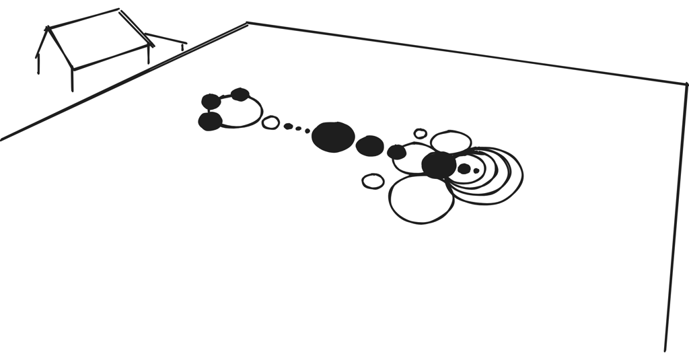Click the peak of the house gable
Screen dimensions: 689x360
click(x=47, y=28)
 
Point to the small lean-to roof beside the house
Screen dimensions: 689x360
click(x=164, y=42)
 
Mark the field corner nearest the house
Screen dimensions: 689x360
click(x=247, y=24)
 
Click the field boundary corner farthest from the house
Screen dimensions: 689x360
click(x=686, y=84)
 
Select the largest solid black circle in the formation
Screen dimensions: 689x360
click(x=333, y=137)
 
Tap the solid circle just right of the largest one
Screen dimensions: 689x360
click(x=369, y=145)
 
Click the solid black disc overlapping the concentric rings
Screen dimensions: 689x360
click(x=439, y=165)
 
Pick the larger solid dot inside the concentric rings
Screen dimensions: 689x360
click(x=464, y=169)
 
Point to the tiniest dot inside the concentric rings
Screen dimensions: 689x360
click(x=476, y=171)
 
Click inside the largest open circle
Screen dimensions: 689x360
click(x=421, y=200)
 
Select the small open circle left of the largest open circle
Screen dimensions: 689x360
click(x=373, y=181)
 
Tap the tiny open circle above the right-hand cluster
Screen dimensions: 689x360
click(x=421, y=133)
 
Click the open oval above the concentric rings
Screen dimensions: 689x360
click(x=451, y=141)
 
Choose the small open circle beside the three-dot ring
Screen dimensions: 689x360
click(x=270, y=122)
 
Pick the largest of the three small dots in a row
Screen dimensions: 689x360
click(x=288, y=126)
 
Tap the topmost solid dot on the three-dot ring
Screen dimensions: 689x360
click(x=240, y=94)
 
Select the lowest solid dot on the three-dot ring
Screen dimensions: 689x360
click(x=210, y=122)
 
